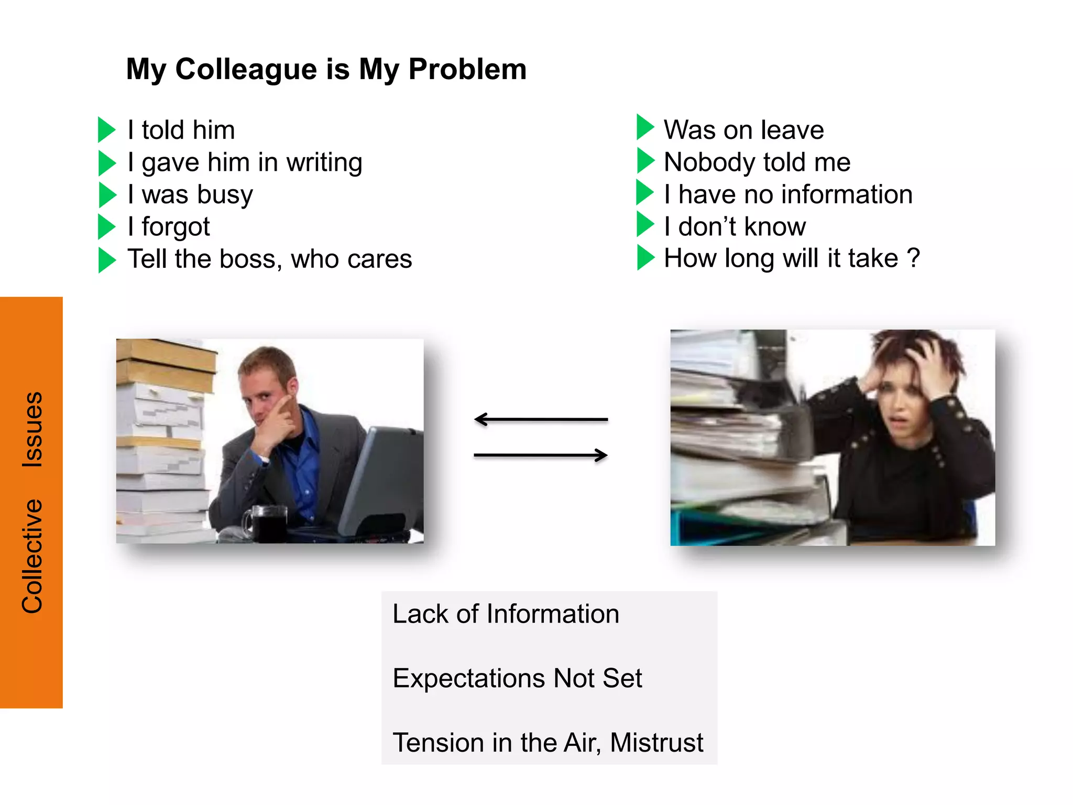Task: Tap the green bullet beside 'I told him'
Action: click(x=106, y=130)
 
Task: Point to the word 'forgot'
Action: click(x=176, y=227)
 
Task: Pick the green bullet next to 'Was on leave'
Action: click(x=645, y=127)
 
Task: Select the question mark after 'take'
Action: click(x=913, y=258)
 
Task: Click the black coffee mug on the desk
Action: click(x=267, y=523)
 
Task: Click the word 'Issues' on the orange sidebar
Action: click(x=32, y=429)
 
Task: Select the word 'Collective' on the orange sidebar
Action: click(x=32, y=556)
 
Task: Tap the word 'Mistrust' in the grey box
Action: click(x=656, y=743)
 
